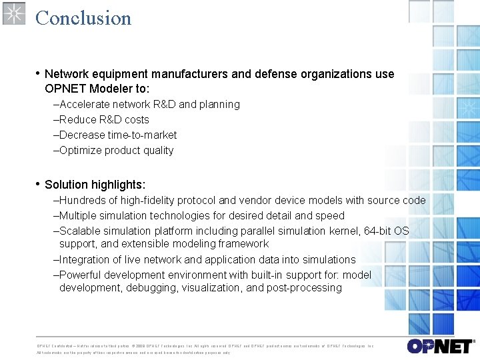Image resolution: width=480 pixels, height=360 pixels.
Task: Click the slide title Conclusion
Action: click(83, 17)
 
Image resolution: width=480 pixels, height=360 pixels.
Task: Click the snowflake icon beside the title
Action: click(14, 13)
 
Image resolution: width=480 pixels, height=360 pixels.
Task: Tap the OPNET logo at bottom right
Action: click(440, 346)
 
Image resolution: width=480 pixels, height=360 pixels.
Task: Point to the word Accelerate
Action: click(85, 105)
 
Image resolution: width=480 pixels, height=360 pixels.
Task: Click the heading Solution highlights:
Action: click(95, 185)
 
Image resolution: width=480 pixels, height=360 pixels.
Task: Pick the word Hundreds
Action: click(83, 201)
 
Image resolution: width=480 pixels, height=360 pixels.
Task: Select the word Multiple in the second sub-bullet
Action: click(79, 216)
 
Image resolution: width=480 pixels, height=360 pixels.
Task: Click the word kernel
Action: click(344, 231)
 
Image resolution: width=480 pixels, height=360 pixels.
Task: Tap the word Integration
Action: click(85, 260)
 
